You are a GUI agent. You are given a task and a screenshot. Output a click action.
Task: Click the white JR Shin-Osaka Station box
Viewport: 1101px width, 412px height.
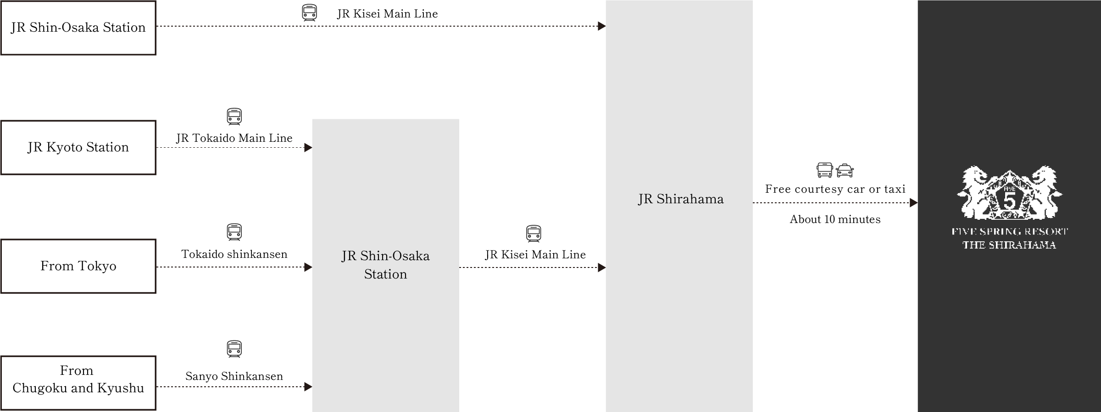coord(78,28)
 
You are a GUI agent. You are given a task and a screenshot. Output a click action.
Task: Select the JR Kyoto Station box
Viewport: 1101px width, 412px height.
coord(78,147)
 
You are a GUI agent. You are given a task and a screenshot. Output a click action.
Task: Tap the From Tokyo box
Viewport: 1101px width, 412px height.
coord(78,266)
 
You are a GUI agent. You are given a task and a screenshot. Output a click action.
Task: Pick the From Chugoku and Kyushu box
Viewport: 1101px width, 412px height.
coord(78,383)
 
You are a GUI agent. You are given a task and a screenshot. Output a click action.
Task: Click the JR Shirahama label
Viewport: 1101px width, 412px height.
coord(681,199)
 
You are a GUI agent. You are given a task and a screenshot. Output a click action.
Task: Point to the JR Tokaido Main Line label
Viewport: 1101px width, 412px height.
coord(234,138)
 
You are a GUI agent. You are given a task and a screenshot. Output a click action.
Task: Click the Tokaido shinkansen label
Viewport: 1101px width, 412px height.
coord(234,254)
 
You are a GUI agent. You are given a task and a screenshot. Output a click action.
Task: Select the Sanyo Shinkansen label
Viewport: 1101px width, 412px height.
coord(234,376)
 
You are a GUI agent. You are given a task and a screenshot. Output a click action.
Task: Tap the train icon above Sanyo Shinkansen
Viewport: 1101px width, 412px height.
coord(234,349)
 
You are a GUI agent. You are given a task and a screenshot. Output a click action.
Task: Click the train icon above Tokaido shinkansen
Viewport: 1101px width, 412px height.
coord(234,232)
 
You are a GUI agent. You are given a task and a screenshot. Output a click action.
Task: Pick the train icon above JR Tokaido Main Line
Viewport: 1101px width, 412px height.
coord(234,117)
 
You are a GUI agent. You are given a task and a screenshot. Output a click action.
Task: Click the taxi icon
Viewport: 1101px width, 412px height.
coord(845,171)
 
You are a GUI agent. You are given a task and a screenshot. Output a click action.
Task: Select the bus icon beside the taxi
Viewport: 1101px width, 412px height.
coord(824,170)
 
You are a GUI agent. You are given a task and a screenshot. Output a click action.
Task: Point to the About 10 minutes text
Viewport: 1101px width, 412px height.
coord(835,219)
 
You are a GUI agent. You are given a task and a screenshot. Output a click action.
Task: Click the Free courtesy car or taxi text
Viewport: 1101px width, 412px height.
coord(835,189)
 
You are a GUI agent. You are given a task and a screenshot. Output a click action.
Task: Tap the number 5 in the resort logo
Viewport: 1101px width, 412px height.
coord(1009,202)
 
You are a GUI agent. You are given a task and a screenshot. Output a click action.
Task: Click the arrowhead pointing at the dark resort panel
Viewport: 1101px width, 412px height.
coord(913,203)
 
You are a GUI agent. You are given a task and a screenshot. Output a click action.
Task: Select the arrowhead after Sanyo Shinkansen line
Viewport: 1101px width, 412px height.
coord(308,387)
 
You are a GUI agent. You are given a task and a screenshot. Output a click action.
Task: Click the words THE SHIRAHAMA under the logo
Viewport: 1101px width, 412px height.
coord(1009,245)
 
